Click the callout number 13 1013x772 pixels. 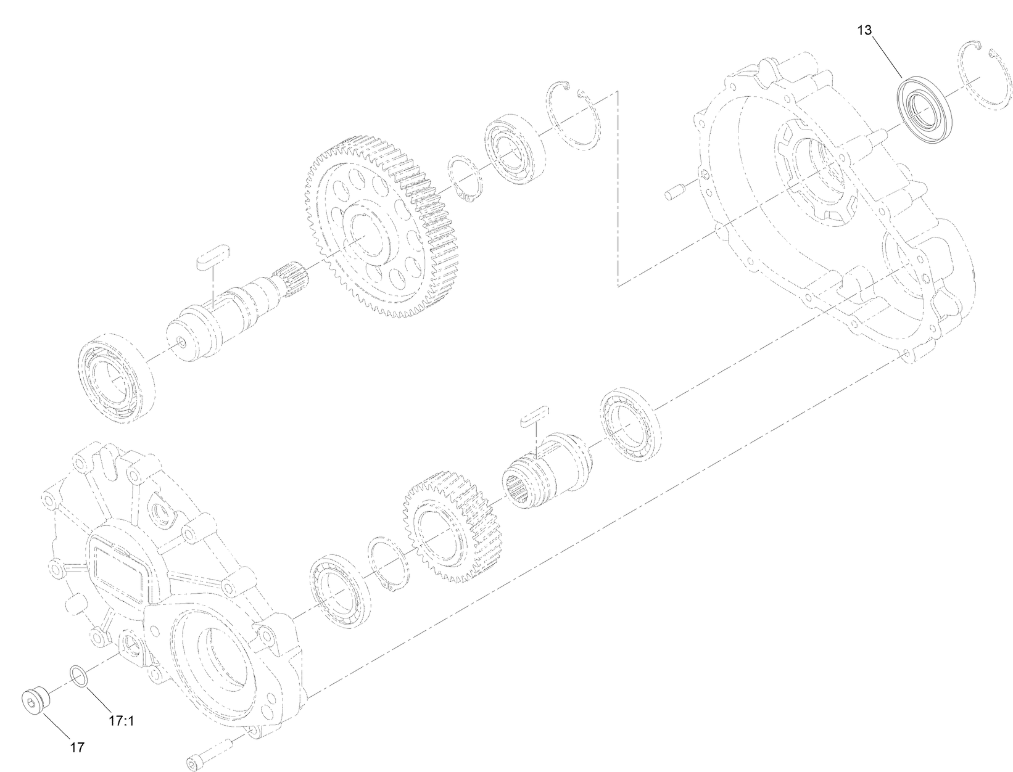point(864,30)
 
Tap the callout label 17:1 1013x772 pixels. point(122,720)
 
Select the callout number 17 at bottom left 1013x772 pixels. point(76,748)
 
